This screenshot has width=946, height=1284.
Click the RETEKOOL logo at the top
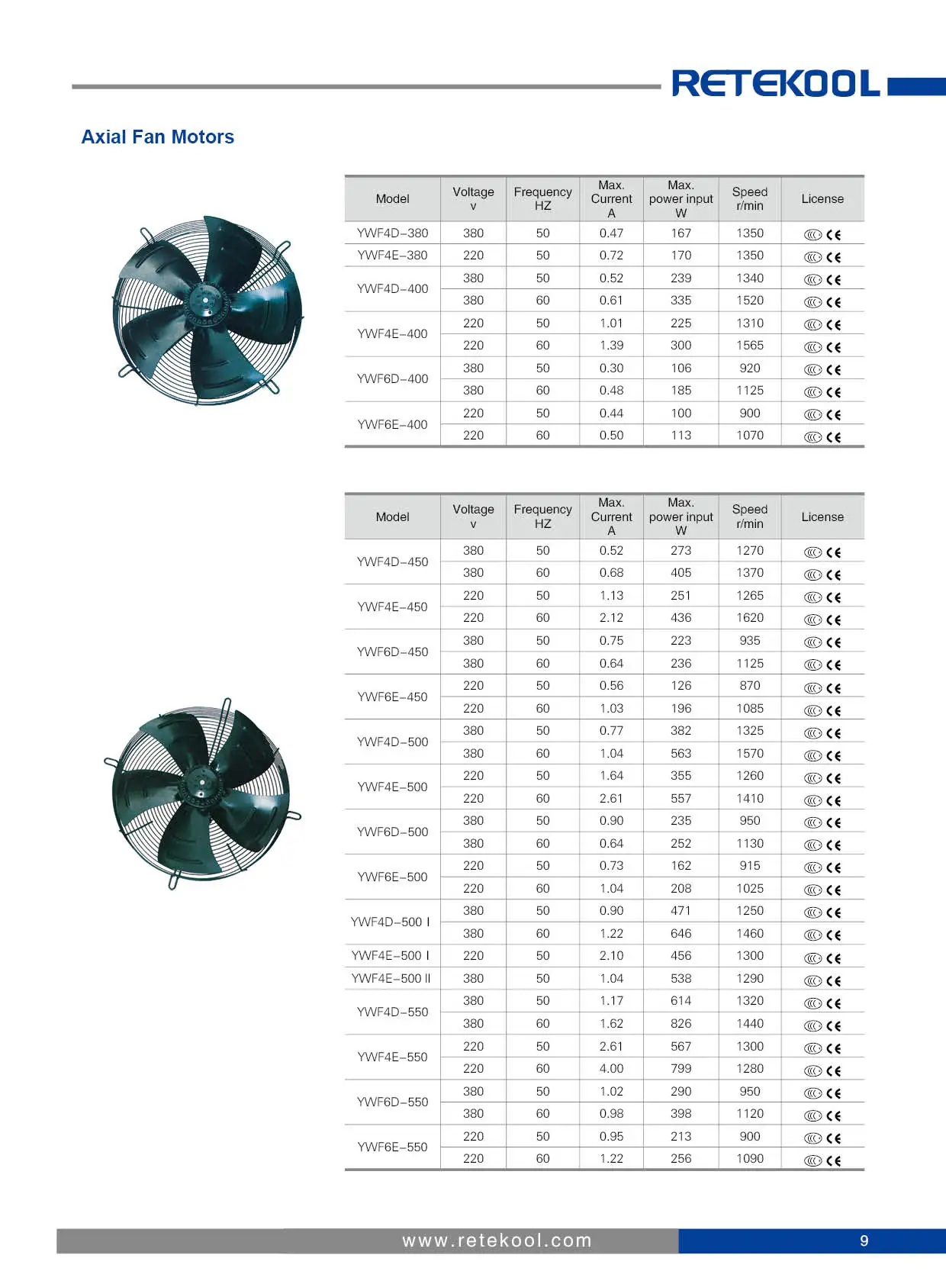pos(775,83)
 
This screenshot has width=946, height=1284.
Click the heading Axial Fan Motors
pos(158,137)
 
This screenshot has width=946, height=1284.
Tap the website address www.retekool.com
pos(497,1241)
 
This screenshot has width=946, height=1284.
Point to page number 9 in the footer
pos(864,1241)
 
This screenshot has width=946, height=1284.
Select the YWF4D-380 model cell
pos(392,233)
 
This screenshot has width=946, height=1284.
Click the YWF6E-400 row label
pos(392,424)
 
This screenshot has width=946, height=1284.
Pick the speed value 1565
pos(749,346)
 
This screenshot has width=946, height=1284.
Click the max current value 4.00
pos(611,1069)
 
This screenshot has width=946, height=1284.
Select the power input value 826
pos(681,1024)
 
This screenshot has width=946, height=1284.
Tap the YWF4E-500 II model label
pos(391,979)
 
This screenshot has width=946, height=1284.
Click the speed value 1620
pos(749,618)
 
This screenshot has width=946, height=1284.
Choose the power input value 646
pos(681,934)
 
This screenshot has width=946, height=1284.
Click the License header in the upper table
pos(822,199)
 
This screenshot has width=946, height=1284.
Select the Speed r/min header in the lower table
pos(749,516)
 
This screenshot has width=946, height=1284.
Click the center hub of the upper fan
pos(204,300)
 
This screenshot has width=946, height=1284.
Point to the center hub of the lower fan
pos(201,784)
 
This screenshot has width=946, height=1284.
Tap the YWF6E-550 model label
pos(392,1147)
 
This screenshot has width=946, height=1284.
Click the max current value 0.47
pos(611,233)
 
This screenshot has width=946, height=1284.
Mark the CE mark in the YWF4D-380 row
pos(833,235)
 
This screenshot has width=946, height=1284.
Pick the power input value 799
pos(681,1069)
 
